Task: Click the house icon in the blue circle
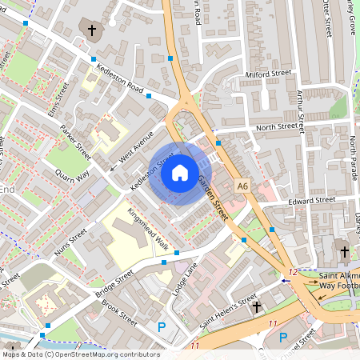point(179,173)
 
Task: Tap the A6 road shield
point(242,186)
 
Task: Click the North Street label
point(276,127)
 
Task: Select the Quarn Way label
point(72,173)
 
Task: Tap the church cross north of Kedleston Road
point(92,31)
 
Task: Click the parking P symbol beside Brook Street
point(162,326)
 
